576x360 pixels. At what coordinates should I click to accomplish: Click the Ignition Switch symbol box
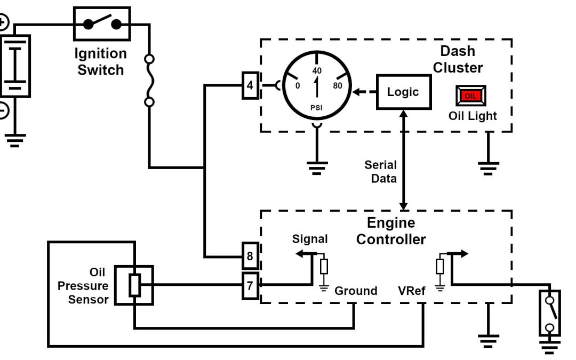[101, 23]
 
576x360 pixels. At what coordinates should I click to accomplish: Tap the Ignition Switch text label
[101, 62]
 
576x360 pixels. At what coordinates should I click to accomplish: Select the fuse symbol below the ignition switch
[150, 80]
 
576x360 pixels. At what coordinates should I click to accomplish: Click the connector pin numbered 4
[250, 85]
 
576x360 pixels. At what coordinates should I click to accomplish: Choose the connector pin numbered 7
[250, 285]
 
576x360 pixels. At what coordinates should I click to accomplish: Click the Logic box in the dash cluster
[403, 92]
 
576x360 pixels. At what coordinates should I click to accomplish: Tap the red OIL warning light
[470, 95]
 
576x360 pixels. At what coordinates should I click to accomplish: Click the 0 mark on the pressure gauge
[298, 85]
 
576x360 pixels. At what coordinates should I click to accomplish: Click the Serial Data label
[381, 172]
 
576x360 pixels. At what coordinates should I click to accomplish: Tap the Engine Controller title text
[391, 231]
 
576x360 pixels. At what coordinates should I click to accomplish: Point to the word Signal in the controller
[310, 239]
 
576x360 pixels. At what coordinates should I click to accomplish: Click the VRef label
[411, 291]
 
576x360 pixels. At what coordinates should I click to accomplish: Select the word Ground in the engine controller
[356, 291]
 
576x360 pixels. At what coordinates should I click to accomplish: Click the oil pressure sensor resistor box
[135, 285]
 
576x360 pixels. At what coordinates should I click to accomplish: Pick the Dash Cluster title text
[458, 60]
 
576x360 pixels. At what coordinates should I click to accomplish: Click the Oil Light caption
[473, 115]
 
